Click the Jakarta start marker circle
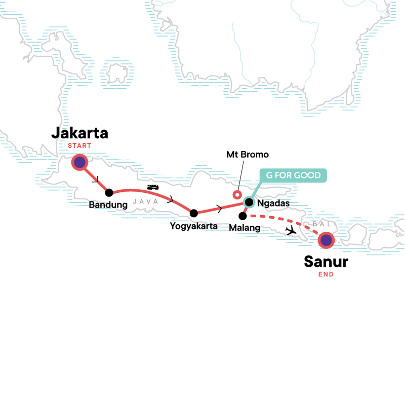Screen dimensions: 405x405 [x=80, y=163]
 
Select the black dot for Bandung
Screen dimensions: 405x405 [x=109, y=192]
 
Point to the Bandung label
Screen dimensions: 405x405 [x=108, y=206]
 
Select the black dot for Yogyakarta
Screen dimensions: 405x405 [x=193, y=213]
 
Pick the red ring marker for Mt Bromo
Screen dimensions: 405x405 [x=235, y=194]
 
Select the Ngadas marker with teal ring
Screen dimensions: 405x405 [x=249, y=202]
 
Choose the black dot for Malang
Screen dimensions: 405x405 [x=242, y=216]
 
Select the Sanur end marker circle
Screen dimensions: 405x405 [x=326, y=240]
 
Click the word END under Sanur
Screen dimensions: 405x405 [x=326, y=274]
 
